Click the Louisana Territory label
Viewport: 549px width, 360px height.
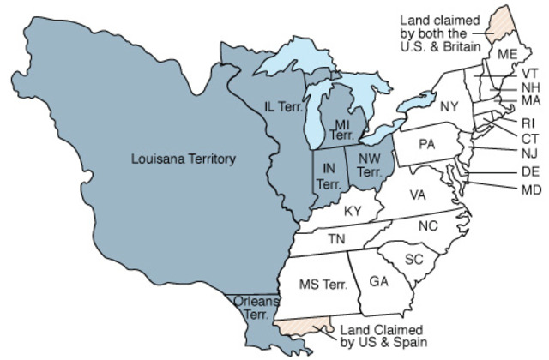coord(184,159)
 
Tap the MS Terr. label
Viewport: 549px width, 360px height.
coord(322,285)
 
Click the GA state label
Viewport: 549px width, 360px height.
coord(379,281)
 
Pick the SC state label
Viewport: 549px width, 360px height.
coord(414,259)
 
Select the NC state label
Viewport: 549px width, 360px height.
coord(428,226)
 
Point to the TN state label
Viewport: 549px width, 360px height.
coord(337,238)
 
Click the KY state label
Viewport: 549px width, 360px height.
coord(353,211)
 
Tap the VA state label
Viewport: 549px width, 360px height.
coord(418,195)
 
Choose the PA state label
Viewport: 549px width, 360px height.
coord(427,144)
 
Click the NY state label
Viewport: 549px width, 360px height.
coord(449,106)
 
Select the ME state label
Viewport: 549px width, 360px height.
coord(508,54)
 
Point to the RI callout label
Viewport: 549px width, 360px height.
coord(528,123)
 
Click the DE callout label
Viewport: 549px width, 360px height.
coord(530,171)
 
